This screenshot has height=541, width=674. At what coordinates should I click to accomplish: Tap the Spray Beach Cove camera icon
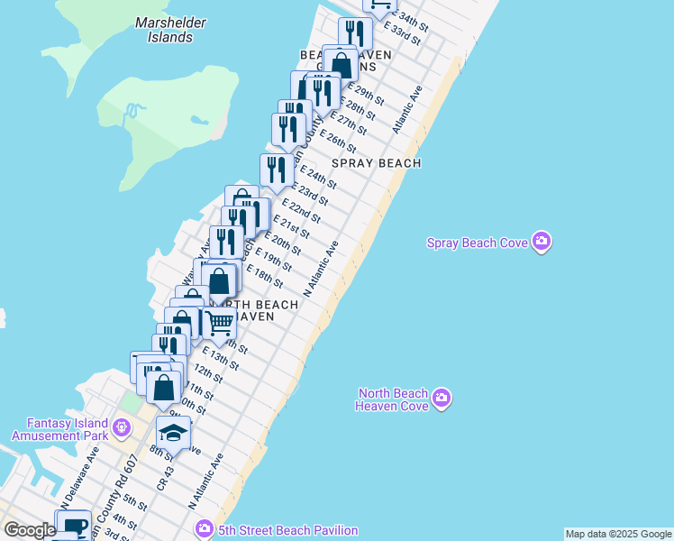[x=542, y=242]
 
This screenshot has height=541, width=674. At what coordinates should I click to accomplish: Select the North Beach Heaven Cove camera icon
[x=441, y=398]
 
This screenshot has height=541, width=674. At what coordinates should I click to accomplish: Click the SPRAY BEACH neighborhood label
[x=376, y=163]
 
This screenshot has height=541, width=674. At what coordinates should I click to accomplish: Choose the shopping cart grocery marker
[x=220, y=322]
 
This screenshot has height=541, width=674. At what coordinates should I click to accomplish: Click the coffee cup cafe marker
[x=75, y=525]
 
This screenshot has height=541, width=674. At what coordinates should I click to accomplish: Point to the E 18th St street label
[x=264, y=278]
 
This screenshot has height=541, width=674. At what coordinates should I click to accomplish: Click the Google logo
[x=30, y=529]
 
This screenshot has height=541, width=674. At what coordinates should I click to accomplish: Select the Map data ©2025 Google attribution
[x=617, y=534]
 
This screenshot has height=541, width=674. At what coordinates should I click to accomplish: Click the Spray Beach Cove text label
[x=478, y=242]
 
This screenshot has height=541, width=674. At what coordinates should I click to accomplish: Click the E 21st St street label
[x=291, y=228]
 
